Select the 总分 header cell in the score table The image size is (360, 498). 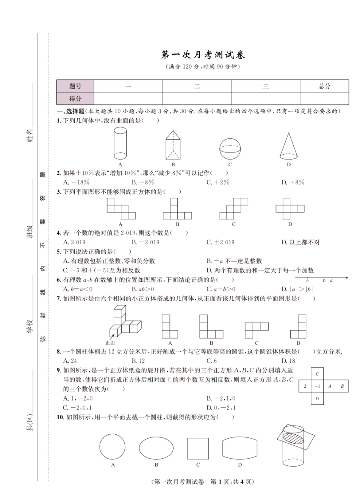324,86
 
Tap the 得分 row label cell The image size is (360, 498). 75,99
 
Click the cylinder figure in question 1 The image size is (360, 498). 120,144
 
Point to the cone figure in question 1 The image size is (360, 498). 289,146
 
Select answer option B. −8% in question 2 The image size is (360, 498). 142,182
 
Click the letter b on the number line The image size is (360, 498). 307,281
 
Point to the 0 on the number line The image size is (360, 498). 324,281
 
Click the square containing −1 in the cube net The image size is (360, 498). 318,386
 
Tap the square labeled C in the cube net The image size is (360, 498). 318,374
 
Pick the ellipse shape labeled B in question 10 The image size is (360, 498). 155,448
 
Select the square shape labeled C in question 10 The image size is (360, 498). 198,448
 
